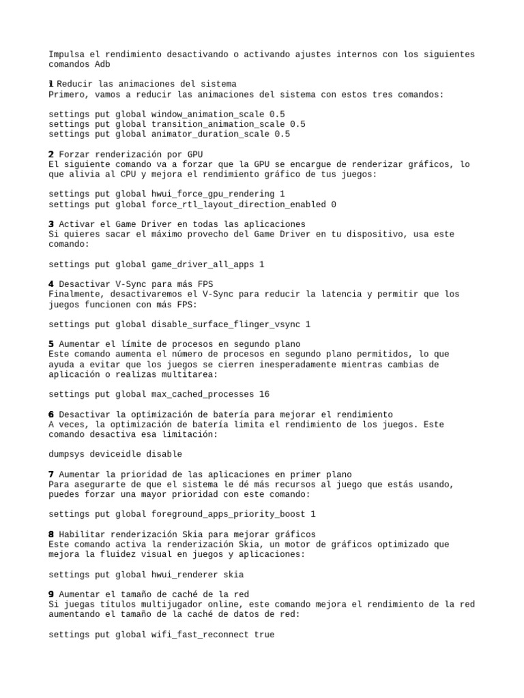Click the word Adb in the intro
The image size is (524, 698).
click(100, 64)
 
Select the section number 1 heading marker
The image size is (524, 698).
click(51, 84)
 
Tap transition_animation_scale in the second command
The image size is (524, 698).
click(218, 124)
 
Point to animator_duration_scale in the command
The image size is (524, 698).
click(211, 134)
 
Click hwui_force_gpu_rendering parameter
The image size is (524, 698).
click(213, 194)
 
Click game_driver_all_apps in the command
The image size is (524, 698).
click(203, 264)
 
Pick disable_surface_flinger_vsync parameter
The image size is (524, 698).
click(226, 324)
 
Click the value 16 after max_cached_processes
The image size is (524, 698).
click(264, 394)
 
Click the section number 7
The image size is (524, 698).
click(51, 474)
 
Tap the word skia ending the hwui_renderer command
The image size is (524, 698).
click(233, 575)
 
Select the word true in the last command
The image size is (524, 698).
click(264, 635)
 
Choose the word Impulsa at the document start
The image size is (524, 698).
click(67, 55)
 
